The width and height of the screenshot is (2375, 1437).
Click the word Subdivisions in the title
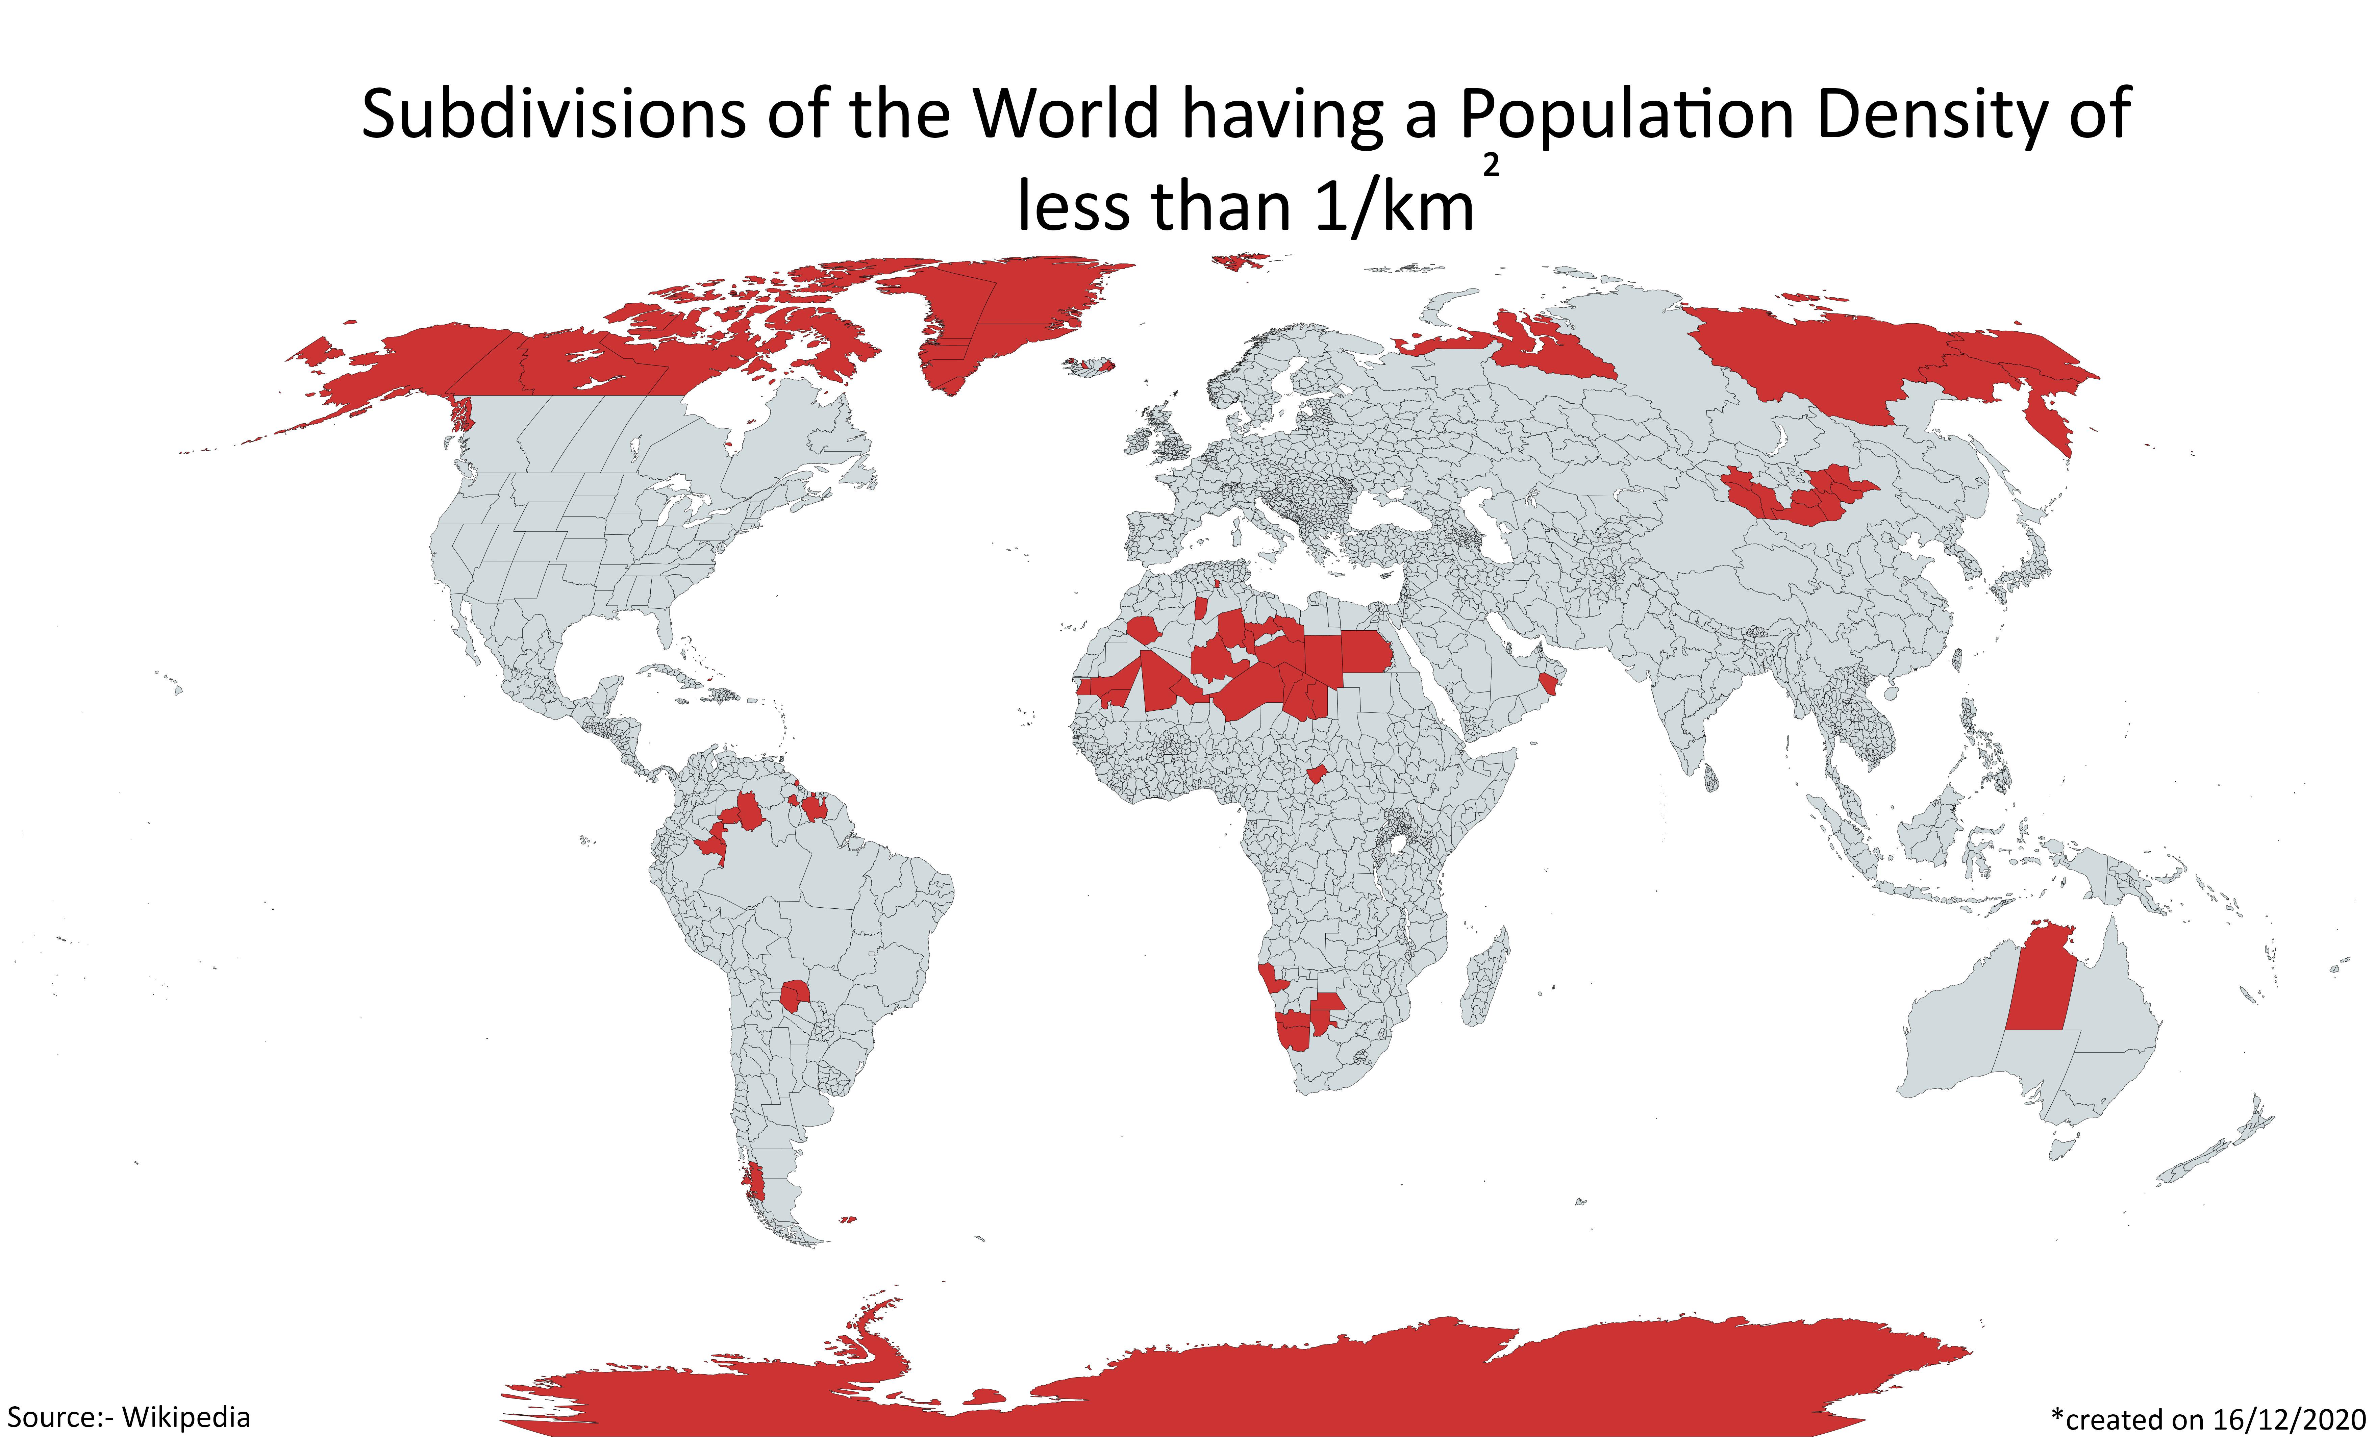point(552,116)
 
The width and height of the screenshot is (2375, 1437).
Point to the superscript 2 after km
point(1491,167)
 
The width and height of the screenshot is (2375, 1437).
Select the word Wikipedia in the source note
point(186,1418)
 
